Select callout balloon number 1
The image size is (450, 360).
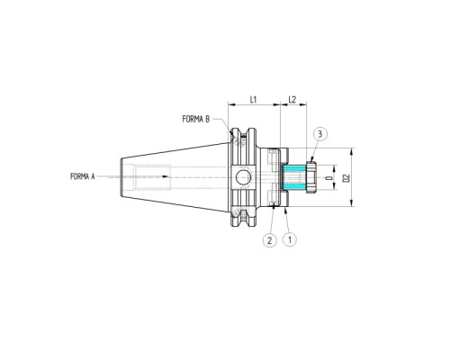[x=289, y=240]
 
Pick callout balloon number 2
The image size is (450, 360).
[x=269, y=240]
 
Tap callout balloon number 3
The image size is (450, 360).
[x=320, y=134]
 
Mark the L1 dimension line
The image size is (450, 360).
[x=255, y=105]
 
